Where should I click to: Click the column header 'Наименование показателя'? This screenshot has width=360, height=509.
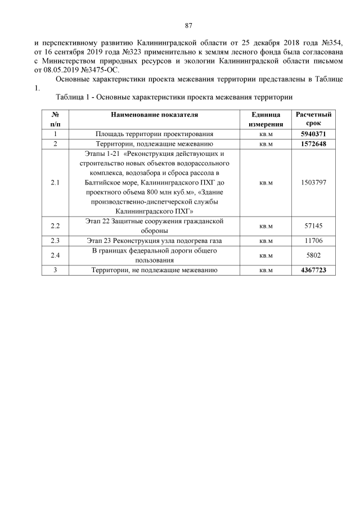click(154, 115)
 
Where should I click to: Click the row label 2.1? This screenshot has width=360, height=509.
click(55, 183)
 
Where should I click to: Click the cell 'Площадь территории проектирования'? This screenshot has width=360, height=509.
click(154, 134)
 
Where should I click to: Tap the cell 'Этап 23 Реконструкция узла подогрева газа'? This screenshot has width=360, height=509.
click(154, 241)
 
